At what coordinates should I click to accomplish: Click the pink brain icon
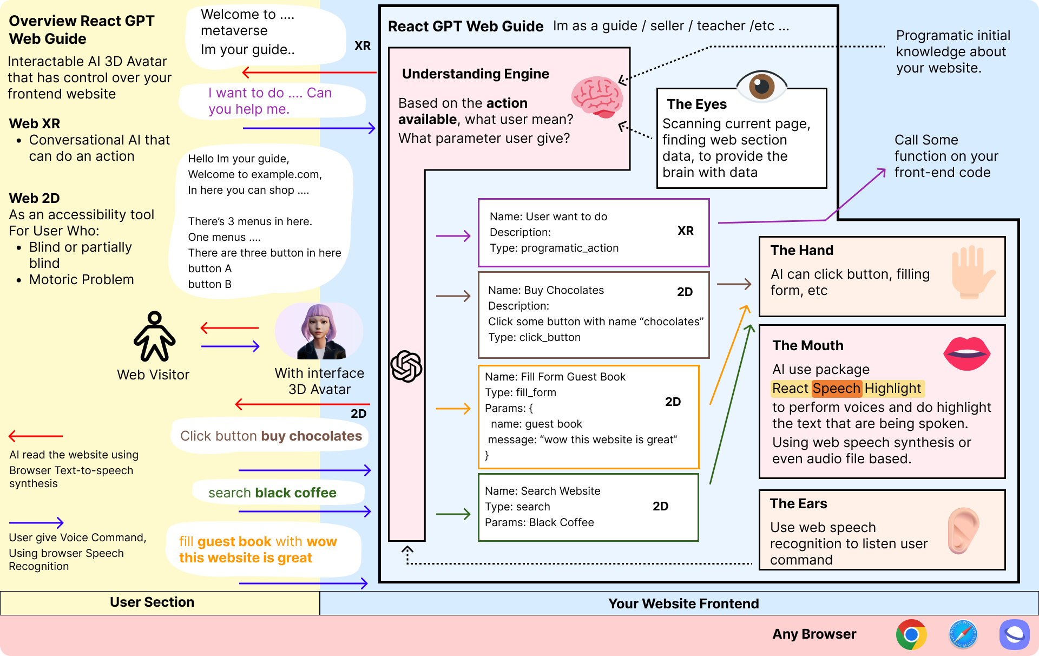click(x=597, y=97)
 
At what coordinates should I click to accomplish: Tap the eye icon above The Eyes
click(x=761, y=86)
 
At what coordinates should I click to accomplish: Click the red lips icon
click(x=966, y=353)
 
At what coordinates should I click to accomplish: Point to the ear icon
click(x=963, y=530)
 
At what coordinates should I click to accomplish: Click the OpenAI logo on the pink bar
click(x=406, y=366)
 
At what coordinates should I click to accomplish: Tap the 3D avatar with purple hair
click(x=320, y=332)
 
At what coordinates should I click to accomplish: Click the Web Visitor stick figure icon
click(x=155, y=336)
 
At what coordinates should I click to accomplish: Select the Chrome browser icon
click(x=911, y=634)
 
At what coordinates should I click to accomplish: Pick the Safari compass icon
click(x=963, y=634)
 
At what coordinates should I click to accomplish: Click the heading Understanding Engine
click(x=475, y=74)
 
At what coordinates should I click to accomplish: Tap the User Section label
click(x=152, y=602)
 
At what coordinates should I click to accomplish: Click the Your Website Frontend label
click(x=683, y=603)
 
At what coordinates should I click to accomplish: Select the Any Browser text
click(x=814, y=634)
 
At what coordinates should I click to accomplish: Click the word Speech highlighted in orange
click(x=836, y=389)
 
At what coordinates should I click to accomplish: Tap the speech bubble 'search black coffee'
click(x=272, y=493)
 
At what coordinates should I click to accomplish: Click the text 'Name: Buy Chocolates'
click(x=545, y=290)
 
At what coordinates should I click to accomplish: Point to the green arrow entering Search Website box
click(x=453, y=514)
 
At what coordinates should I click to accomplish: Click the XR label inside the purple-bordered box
click(x=686, y=231)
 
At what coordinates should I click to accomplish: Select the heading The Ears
click(x=798, y=504)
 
